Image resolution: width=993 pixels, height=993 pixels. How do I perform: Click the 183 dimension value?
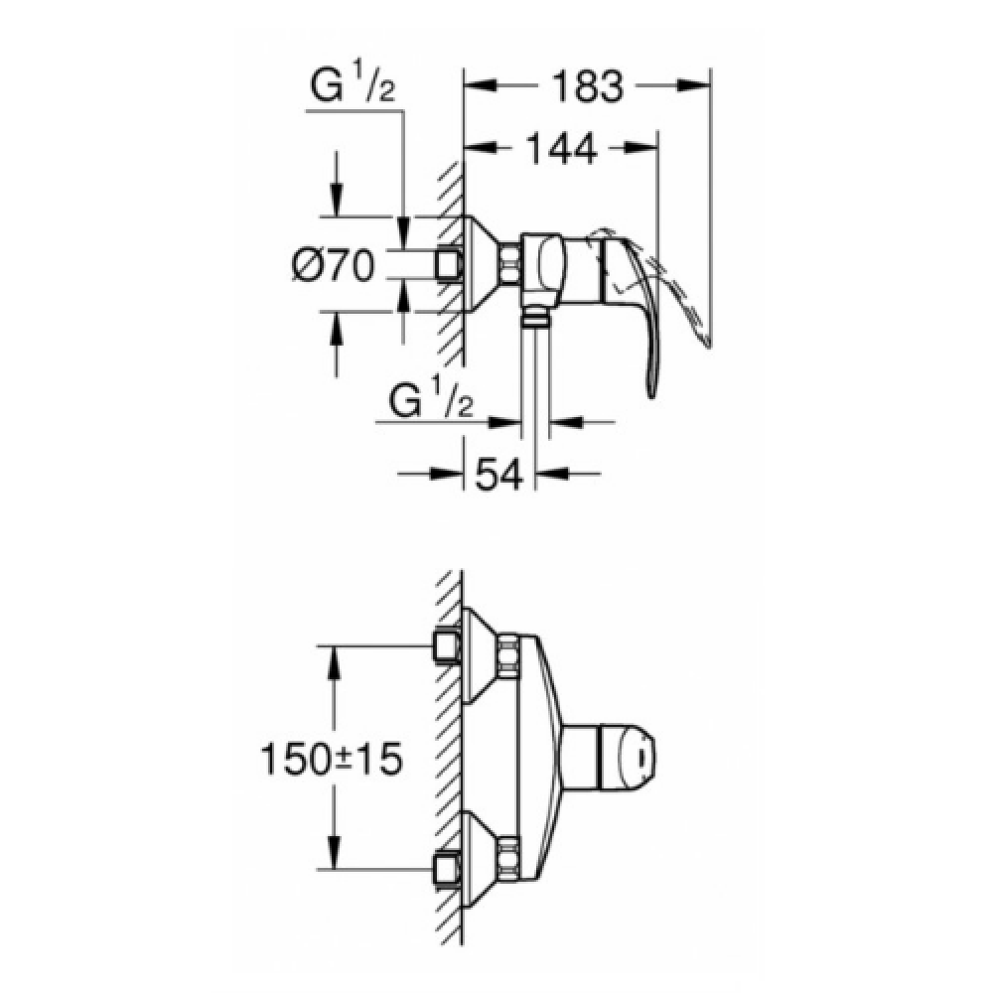(x=588, y=86)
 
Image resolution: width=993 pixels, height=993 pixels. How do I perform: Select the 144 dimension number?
(x=562, y=149)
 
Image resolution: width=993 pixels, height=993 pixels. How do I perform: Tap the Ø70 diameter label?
(x=334, y=265)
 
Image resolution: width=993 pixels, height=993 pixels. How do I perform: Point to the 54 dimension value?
(x=499, y=474)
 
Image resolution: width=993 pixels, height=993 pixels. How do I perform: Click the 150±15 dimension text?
(x=332, y=759)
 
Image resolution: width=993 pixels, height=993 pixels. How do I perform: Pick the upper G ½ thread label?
(x=354, y=84)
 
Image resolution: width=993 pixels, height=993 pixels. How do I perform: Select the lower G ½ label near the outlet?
(x=431, y=397)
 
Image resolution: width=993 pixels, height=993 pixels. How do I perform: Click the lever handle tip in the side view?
(x=652, y=394)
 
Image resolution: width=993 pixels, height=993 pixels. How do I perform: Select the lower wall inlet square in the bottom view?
(x=448, y=870)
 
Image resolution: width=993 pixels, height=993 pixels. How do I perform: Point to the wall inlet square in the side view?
(x=450, y=263)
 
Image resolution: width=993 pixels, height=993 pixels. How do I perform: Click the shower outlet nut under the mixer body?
(x=535, y=317)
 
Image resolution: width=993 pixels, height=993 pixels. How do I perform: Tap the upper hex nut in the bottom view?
(x=507, y=656)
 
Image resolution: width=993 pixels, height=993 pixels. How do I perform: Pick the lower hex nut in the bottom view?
(x=507, y=859)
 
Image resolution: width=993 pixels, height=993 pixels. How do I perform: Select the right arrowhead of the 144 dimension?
(x=640, y=148)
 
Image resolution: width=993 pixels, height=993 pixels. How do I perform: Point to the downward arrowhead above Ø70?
(x=337, y=200)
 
